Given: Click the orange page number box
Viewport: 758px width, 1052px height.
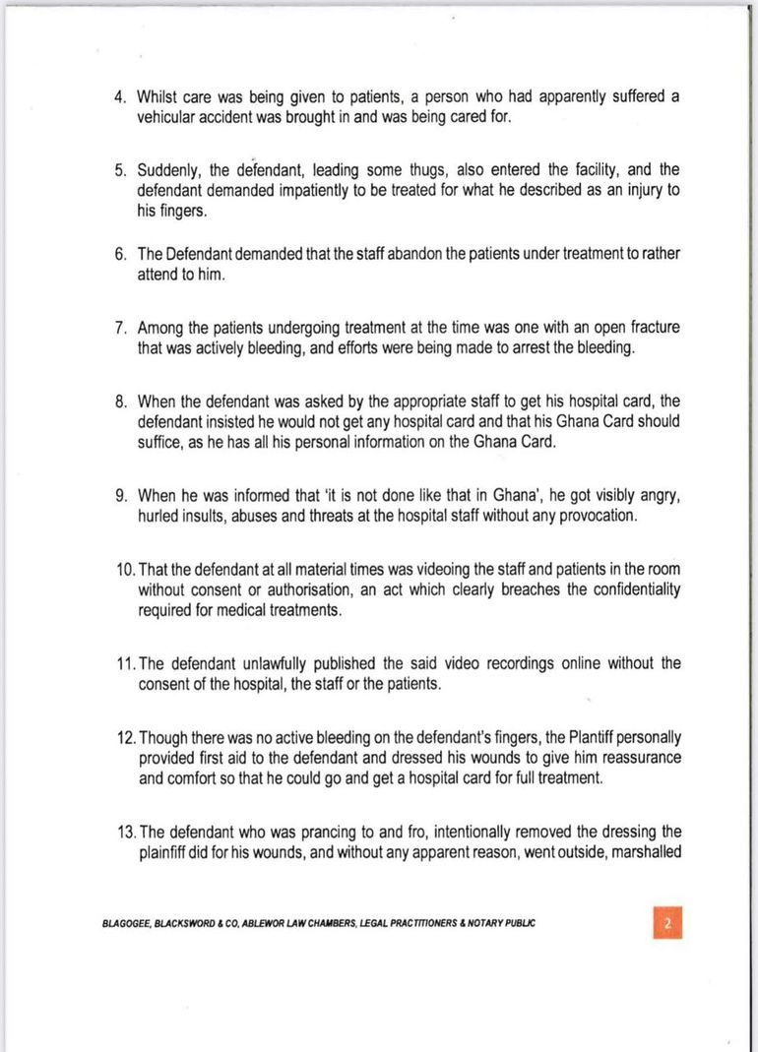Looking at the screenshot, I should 666,923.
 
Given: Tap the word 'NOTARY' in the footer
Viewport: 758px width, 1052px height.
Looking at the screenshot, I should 487,924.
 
